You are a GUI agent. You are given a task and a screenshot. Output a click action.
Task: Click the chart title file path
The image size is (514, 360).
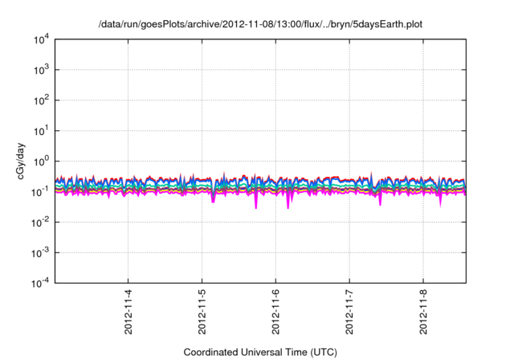pos(260,25)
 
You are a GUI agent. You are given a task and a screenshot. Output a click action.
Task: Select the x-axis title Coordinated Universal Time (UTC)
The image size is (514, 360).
pos(260,352)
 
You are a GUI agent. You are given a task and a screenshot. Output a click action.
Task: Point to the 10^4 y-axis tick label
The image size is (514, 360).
pos(40,39)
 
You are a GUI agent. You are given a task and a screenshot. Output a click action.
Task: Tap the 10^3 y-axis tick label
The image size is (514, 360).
pos(40,70)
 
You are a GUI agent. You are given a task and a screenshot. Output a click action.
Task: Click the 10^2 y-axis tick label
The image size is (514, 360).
pos(40,100)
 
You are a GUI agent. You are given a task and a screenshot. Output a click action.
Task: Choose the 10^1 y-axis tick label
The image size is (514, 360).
pos(40,130)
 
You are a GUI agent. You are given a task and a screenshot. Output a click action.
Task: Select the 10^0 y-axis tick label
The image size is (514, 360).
pos(40,161)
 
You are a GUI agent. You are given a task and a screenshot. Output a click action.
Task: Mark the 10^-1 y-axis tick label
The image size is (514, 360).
pos(40,191)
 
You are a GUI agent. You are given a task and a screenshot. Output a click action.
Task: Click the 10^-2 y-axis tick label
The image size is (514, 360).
pos(40,222)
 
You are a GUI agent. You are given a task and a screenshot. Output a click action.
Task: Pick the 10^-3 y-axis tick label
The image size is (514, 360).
pos(40,252)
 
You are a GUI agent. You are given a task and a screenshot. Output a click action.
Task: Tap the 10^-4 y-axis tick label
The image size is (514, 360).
pos(40,283)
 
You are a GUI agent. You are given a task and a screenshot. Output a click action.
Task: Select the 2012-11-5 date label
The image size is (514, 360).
pos(202,309)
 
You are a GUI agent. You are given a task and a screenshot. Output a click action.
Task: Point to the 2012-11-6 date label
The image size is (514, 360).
pos(276,309)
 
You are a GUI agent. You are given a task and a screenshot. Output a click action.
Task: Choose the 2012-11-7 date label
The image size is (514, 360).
pos(350,309)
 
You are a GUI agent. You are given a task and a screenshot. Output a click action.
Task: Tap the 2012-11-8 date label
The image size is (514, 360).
pos(424,309)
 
